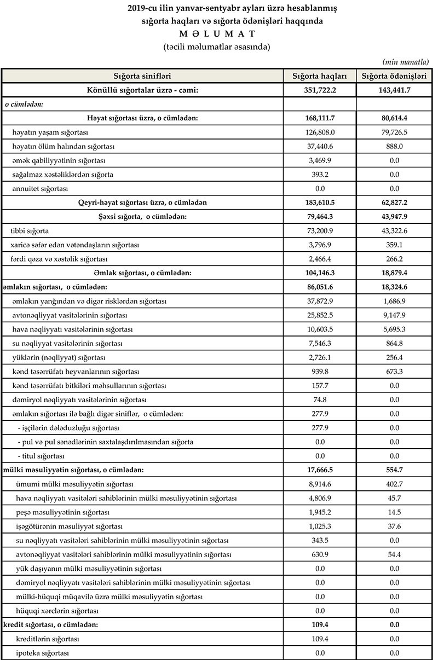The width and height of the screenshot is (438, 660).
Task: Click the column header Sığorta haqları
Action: pos(320,76)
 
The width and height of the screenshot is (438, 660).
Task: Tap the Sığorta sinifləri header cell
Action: pos(142,76)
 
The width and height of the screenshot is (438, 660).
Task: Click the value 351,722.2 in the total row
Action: pos(320,90)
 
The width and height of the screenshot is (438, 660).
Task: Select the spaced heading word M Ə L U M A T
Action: pos(218,34)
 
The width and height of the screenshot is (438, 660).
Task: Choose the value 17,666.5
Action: pos(320,470)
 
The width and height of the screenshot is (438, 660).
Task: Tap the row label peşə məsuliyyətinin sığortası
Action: pos(64,512)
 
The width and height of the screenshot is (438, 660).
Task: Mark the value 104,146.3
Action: pos(320,273)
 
